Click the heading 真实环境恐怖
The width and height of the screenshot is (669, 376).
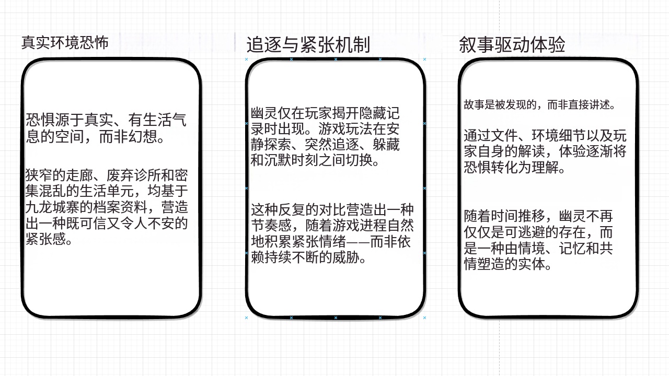65,43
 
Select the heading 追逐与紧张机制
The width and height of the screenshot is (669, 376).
308,45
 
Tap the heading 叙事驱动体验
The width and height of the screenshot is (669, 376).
512,45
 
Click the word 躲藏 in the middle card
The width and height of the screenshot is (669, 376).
386,145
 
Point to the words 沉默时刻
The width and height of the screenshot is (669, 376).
292,161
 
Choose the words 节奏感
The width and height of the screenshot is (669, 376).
271,226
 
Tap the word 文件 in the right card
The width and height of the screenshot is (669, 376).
504,136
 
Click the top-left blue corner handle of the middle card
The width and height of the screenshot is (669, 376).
246,60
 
